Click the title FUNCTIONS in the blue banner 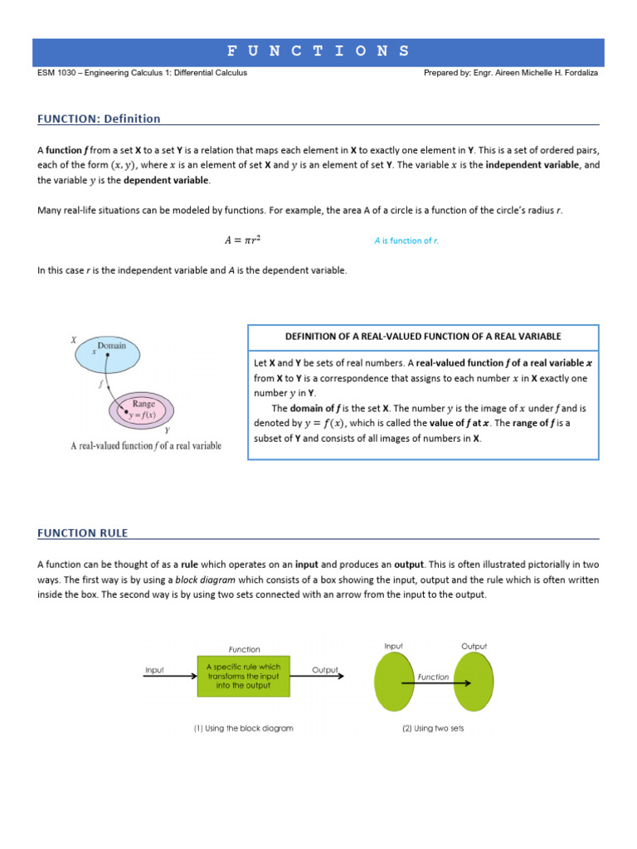point(318,51)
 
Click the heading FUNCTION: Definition point(99,119)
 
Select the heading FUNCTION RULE point(83,532)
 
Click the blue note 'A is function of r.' point(406,240)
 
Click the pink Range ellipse point(143,410)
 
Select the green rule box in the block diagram point(244,676)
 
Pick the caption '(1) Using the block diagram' point(243,728)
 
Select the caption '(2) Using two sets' point(433,728)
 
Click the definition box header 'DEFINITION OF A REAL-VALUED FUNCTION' point(423,337)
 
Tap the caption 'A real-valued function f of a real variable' point(146,445)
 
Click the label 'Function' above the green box point(244,649)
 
